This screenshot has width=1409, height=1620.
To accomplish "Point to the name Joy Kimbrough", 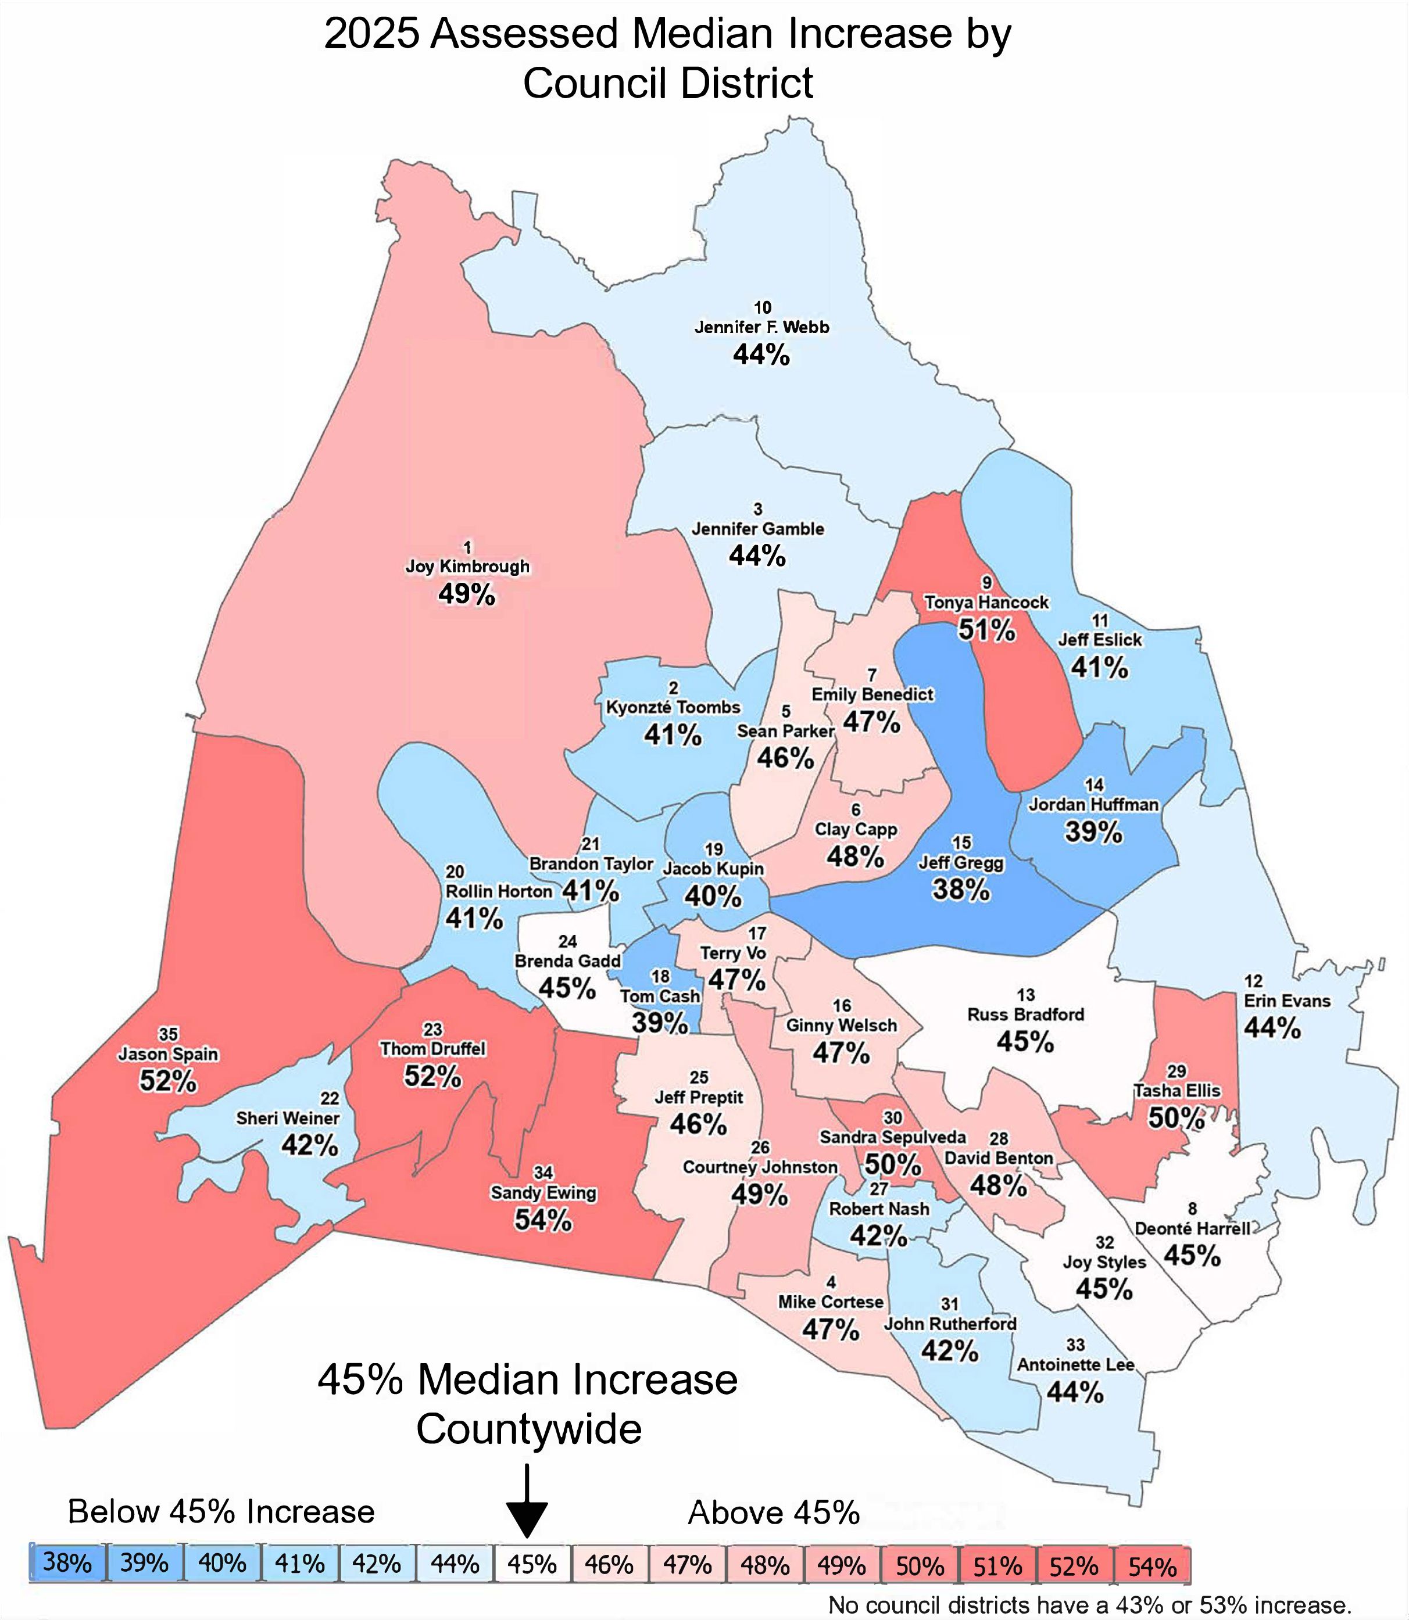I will (467, 567).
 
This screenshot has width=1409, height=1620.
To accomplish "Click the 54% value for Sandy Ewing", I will (542, 1220).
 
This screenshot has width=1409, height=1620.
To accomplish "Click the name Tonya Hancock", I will (986, 603).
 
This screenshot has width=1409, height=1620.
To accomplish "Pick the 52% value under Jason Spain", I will (167, 1081).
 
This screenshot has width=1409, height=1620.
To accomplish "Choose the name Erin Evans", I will (1286, 1001).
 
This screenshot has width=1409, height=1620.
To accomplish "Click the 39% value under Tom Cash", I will (660, 1023).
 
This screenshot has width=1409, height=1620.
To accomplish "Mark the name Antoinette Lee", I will (1075, 1364).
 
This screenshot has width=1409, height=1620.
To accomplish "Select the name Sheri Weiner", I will (288, 1118).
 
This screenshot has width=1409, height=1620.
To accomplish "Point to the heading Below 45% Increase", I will (221, 1511).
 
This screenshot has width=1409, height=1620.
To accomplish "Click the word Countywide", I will (528, 1428).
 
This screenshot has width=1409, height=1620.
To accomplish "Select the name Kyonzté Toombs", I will (673, 707).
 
